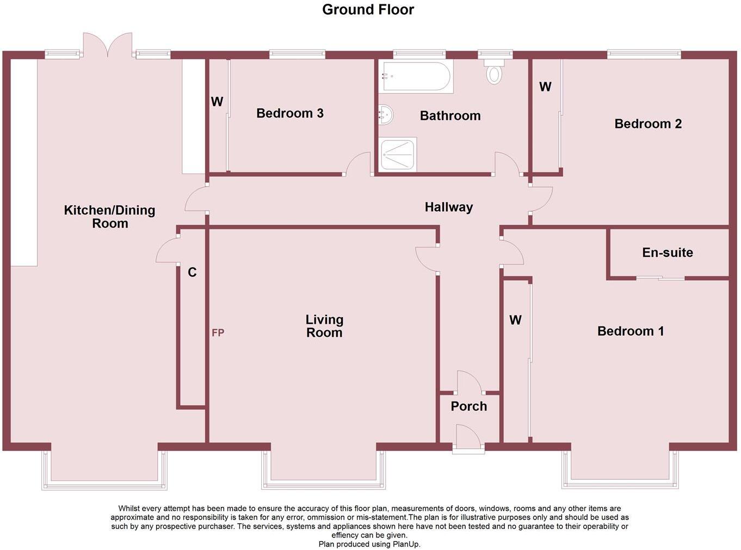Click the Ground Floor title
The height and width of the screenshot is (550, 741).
(x=368, y=10)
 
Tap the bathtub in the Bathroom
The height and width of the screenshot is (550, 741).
(x=417, y=77)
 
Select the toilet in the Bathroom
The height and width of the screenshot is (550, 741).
(x=494, y=73)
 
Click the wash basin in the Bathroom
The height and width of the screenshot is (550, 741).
(x=385, y=115)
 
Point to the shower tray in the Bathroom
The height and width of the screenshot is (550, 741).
(x=398, y=154)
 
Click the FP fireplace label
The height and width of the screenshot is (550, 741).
(x=218, y=333)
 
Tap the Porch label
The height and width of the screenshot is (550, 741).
(x=468, y=406)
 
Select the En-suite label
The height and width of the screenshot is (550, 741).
(x=667, y=252)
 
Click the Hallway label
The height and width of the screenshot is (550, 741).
(x=448, y=207)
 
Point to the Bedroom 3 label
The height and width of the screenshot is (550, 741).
(x=289, y=113)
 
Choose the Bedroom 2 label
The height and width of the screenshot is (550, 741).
(x=647, y=124)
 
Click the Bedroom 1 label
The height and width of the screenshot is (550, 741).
(x=630, y=331)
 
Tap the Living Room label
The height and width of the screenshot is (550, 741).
(x=324, y=326)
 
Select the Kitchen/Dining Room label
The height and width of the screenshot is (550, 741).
(x=109, y=217)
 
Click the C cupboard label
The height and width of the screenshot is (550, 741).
(x=192, y=273)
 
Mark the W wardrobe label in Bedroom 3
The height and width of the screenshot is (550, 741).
(x=217, y=102)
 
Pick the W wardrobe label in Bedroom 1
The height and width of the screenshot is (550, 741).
(x=515, y=320)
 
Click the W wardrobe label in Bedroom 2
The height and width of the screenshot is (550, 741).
(x=545, y=87)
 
